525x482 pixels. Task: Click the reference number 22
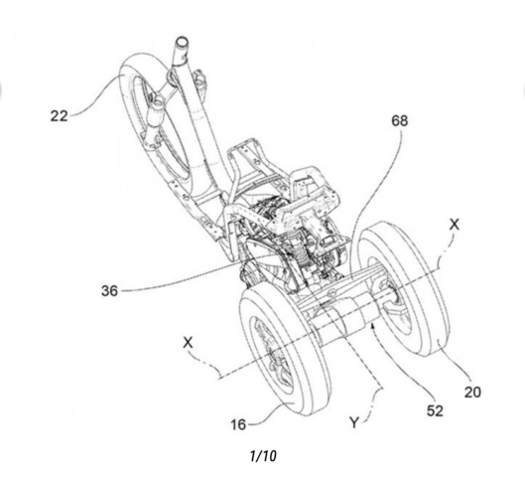click(x=59, y=116)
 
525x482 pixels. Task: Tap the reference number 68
click(x=400, y=120)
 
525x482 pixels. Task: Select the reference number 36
click(x=109, y=290)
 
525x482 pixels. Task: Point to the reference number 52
click(x=435, y=410)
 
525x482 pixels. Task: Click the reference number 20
click(x=472, y=392)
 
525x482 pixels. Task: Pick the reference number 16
click(x=238, y=424)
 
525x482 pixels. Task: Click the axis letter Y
click(x=353, y=422)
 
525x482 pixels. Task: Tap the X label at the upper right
click(x=455, y=225)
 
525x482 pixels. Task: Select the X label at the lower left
click(x=189, y=343)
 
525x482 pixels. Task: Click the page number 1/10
click(x=263, y=456)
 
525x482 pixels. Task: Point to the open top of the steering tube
click(x=182, y=42)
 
